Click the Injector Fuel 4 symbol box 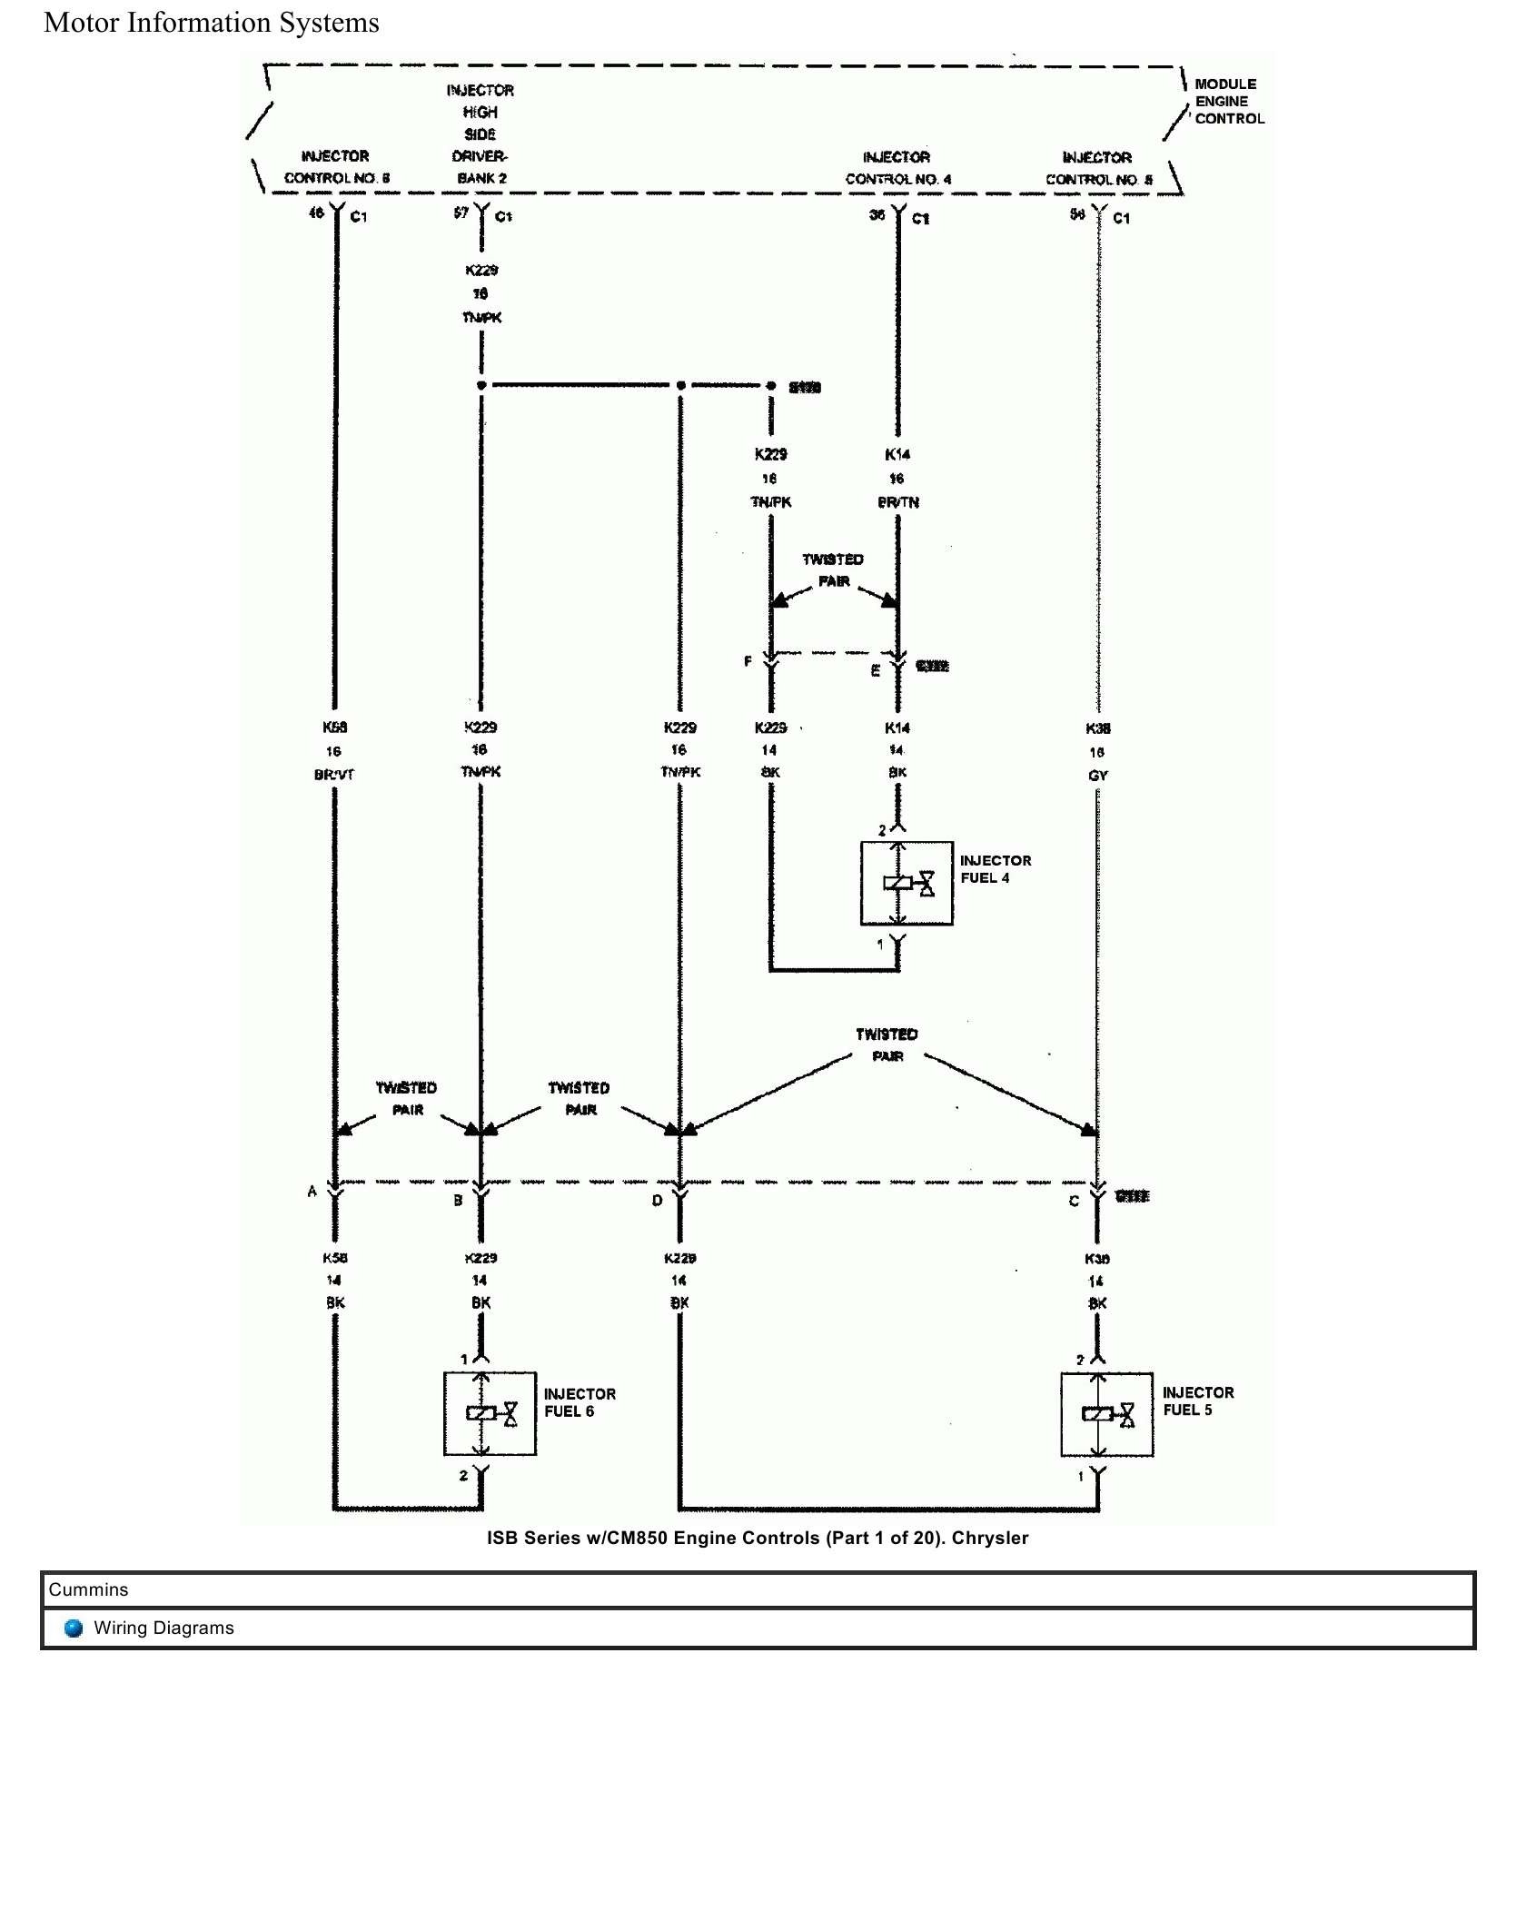[x=906, y=883]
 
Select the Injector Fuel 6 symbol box [x=490, y=1413]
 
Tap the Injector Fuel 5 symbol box [x=1106, y=1414]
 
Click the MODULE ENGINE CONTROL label [x=1228, y=101]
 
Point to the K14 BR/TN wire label [x=897, y=478]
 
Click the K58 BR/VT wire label [x=334, y=750]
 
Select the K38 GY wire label [x=1097, y=752]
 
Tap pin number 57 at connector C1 [x=461, y=213]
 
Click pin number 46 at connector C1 [x=316, y=213]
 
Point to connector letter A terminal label [x=312, y=1191]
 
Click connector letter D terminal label [x=657, y=1201]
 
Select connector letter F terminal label [x=748, y=661]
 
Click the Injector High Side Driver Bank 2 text [x=481, y=134]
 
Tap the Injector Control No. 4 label [x=897, y=168]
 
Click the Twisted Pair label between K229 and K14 [x=833, y=569]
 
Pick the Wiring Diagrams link [x=164, y=1628]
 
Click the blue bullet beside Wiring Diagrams [x=74, y=1628]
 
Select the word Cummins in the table [x=88, y=1589]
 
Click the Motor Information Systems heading [x=212, y=23]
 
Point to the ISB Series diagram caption [x=758, y=1538]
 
